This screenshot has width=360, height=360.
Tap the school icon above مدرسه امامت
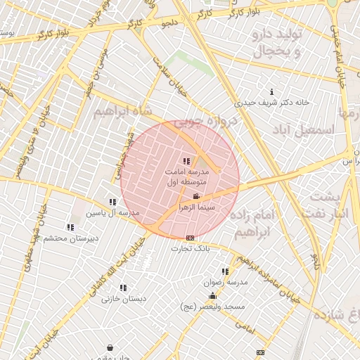tap(186, 162)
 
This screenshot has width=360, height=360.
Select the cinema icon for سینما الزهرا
tap(195, 196)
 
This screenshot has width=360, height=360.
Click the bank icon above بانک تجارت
tap(190, 238)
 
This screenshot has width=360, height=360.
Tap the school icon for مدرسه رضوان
tap(225, 271)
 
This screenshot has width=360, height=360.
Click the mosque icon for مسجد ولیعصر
tap(212, 296)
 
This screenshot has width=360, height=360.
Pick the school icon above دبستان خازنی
tap(123, 288)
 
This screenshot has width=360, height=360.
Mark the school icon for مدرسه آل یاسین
tap(112, 202)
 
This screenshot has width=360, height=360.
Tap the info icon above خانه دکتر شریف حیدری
tap(271, 91)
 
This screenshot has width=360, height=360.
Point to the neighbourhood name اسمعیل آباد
tap(312, 129)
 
